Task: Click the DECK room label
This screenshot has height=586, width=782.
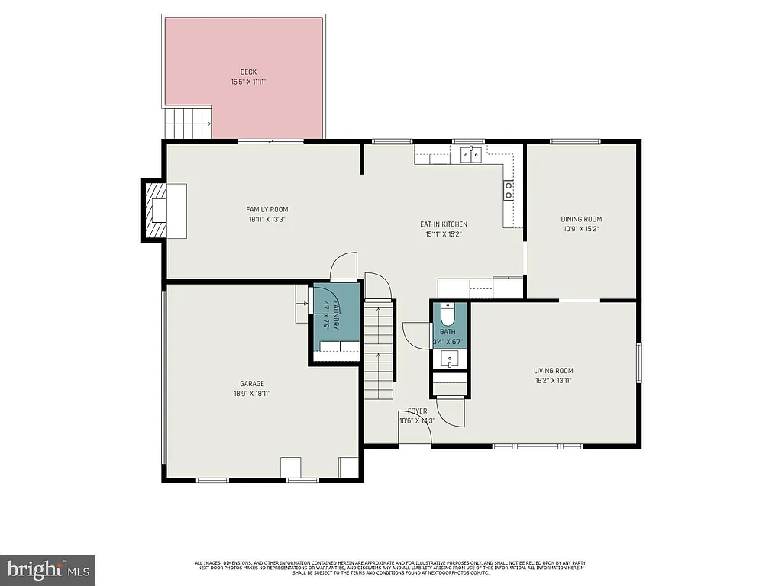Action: point(247,72)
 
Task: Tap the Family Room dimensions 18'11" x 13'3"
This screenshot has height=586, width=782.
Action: point(267,219)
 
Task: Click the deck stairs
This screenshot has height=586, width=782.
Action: point(188,122)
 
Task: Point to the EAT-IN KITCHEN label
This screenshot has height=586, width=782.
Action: point(443,224)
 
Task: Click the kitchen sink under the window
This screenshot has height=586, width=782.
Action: point(470,155)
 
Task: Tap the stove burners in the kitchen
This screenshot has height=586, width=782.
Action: point(508,190)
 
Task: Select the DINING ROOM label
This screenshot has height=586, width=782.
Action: point(581,219)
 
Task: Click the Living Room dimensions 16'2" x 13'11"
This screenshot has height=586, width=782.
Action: point(553,380)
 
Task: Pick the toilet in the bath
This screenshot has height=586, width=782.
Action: point(448,314)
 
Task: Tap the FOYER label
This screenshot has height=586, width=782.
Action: point(417,411)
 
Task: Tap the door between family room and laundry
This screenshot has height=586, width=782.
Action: point(343,266)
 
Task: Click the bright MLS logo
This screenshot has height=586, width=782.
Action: point(47,569)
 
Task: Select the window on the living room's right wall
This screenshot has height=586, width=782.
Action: point(638,361)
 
